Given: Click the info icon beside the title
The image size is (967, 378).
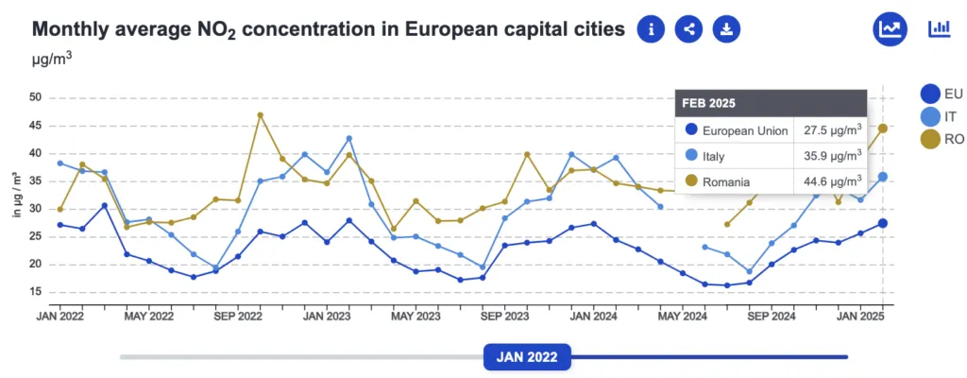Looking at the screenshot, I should pyautogui.click(x=652, y=29).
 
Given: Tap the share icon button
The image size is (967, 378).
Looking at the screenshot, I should pyautogui.click(x=689, y=29).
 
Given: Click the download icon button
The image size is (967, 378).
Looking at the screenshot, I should pyautogui.click(x=726, y=29).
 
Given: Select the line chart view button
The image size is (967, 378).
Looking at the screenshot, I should pyautogui.click(x=890, y=28).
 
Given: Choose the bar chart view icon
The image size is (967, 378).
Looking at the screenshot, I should pyautogui.click(x=939, y=28).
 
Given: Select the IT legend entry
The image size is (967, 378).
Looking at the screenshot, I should pyautogui.click(x=941, y=116).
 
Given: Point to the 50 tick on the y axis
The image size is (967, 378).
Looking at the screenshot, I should pyautogui.click(x=34, y=97).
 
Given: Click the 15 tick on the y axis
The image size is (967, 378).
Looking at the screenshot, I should pyautogui.click(x=34, y=292).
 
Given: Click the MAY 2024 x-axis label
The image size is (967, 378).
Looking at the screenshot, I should pyautogui.click(x=681, y=316).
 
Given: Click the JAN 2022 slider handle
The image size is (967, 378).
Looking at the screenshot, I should pyautogui.click(x=527, y=357).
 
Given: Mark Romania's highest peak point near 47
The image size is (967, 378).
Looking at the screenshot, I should pyautogui.click(x=260, y=115).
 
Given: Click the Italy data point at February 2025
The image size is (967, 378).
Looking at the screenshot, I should pyautogui.click(x=883, y=177).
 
